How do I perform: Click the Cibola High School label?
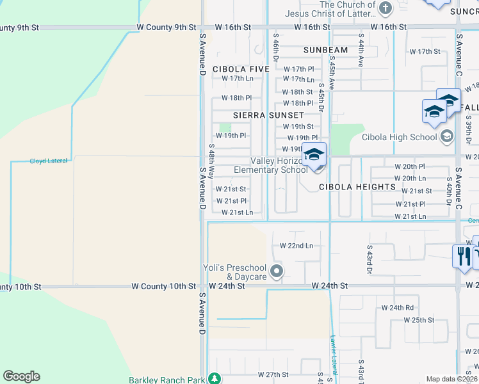click(399, 137)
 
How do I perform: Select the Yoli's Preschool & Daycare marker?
click(277, 271)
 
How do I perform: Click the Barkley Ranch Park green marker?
click(217, 380)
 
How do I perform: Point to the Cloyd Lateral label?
click(49, 161)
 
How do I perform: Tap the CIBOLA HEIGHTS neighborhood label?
click(357, 187)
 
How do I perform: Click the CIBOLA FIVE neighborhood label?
click(241, 69)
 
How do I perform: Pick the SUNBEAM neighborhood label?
click(325, 50)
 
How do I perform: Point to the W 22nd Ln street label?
click(296, 246)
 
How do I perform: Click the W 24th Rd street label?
click(398, 308)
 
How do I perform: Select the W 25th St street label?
click(419, 320)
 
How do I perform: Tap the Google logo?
click(21, 376)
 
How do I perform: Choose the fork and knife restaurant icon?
click(462, 256)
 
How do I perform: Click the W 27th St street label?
click(273, 374)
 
